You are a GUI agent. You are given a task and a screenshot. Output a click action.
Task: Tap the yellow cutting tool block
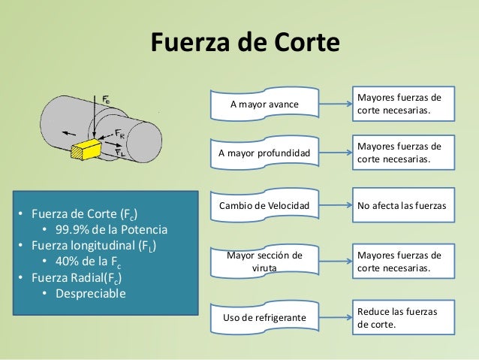(x=86, y=149)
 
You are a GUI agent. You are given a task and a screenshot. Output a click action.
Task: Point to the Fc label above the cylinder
(x=106, y=99)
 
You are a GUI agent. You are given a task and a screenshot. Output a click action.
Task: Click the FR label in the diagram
(x=120, y=134)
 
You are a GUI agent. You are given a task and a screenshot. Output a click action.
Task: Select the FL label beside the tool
(x=120, y=152)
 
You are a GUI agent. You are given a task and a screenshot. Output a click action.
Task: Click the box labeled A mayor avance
(x=264, y=104)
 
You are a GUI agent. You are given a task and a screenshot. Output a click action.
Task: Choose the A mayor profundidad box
(x=264, y=153)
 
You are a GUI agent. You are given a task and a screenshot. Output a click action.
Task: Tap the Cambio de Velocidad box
(x=264, y=205)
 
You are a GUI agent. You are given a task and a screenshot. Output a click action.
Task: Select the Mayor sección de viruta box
(x=264, y=262)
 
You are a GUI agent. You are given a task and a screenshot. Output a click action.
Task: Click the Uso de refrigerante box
(x=264, y=317)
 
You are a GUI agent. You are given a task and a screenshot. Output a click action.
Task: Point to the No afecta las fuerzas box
(x=403, y=205)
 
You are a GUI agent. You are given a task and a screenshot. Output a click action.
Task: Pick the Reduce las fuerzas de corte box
(x=403, y=317)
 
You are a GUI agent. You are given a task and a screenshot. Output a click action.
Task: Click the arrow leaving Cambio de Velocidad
(x=336, y=205)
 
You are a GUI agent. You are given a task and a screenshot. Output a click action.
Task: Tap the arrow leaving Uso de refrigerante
(x=336, y=317)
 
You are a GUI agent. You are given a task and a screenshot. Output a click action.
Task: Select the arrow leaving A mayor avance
(x=336, y=104)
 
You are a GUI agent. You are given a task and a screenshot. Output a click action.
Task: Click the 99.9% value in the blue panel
(x=72, y=230)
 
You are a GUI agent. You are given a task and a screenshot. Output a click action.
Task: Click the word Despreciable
(x=91, y=294)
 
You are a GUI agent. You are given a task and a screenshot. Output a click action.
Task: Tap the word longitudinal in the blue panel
(x=103, y=246)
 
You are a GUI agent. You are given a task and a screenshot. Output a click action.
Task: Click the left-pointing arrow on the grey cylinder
(x=69, y=133)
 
